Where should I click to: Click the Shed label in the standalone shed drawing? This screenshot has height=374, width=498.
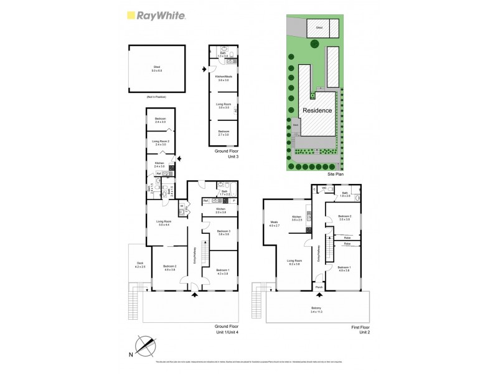coord(156,68)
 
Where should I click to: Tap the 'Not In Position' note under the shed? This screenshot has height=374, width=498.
coord(156,98)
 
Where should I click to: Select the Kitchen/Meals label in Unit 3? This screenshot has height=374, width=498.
coord(223,78)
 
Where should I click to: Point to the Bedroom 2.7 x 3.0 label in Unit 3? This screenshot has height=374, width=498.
coord(223,133)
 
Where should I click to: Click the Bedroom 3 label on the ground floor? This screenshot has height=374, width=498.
coord(223,233)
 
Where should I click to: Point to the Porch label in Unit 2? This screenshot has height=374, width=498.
coord(318,287)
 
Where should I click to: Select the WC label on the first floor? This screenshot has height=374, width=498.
coord(324,188)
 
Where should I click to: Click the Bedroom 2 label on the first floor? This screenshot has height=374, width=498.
coord(345,218)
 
